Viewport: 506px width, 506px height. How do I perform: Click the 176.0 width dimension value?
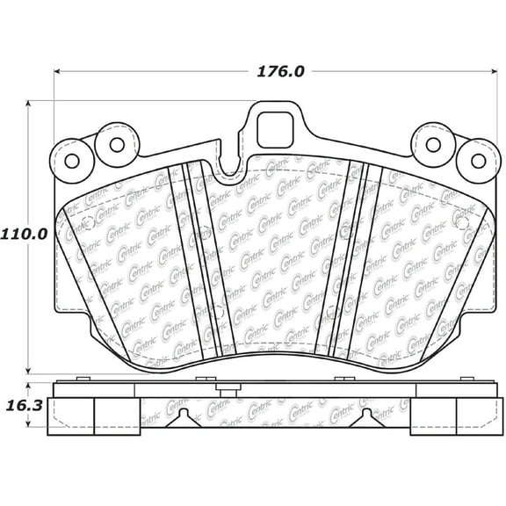(x=280, y=72)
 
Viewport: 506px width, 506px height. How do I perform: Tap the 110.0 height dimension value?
(x=24, y=235)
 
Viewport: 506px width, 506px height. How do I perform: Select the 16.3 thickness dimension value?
(x=25, y=406)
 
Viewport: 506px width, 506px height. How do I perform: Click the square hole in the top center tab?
(x=275, y=130)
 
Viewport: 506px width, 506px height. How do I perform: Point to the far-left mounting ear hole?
(x=72, y=161)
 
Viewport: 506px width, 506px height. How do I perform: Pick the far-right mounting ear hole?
(x=478, y=161)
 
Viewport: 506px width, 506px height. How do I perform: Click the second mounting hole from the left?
(x=117, y=145)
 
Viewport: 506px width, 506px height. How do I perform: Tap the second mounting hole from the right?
(x=433, y=145)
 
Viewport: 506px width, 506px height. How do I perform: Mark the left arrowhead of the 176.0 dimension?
(x=57, y=71)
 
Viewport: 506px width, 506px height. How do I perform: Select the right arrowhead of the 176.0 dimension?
(x=494, y=71)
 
